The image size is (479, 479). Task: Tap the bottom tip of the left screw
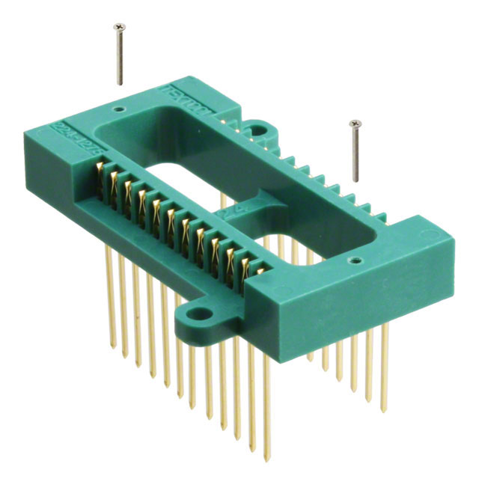(x=120, y=85)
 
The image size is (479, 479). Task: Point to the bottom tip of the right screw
(x=357, y=180)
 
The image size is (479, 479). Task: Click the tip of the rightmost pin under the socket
(x=384, y=409)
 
